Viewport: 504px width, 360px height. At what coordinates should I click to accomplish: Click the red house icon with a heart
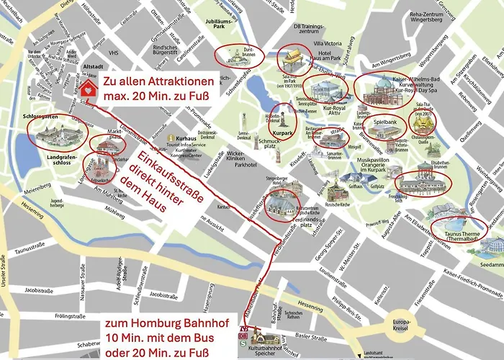pos(89,89)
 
